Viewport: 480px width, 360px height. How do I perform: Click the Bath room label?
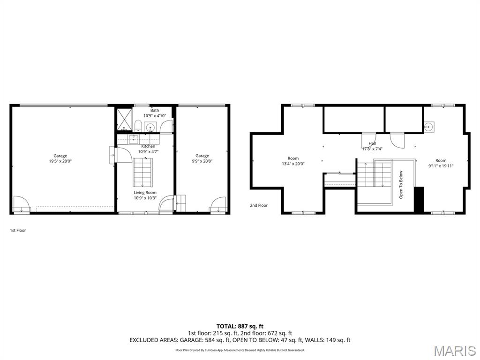[x=155, y=110]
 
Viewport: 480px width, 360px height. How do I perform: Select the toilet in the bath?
[x=138, y=126]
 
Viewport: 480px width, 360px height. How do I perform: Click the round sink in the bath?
[x=150, y=127]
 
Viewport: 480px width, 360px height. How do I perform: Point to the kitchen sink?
[x=134, y=139]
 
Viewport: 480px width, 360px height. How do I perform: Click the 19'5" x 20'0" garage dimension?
[x=60, y=161]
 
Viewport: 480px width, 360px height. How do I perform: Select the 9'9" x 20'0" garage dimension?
[x=202, y=161]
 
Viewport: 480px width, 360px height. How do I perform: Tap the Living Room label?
[x=145, y=193]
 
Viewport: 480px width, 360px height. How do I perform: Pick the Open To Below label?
[x=401, y=185]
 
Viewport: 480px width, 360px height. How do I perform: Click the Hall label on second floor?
[x=372, y=143]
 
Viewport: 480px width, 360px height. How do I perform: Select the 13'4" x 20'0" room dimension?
[x=293, y=164]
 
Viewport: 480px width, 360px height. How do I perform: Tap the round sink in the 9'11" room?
[x=429, y=127]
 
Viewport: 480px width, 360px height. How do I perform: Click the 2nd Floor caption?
[x=259, y=205]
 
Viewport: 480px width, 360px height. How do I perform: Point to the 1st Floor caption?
[x=18, y=230]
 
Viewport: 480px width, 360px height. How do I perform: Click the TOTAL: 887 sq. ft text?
[x=240, y=326]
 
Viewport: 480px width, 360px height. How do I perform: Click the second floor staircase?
[x=375, y=174]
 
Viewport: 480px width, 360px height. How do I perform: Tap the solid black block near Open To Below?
[x=419, y=199]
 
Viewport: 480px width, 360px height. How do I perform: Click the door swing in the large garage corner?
[x=22, y=204]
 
